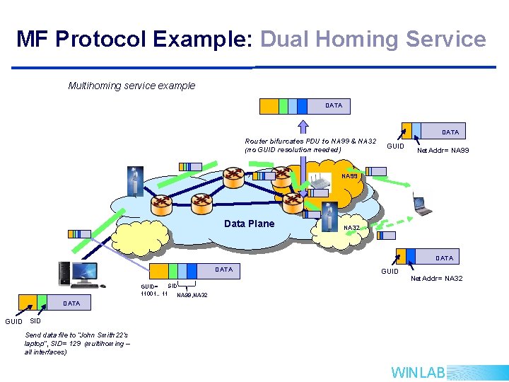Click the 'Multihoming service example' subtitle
click(x=131, y=86)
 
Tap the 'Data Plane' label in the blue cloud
click(x=249, y=224)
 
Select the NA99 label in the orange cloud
click(x=349, y=176)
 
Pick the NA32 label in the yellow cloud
click(x=351, y=228)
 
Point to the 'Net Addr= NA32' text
click(x=437, y=278)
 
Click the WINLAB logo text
click(x=418, y=372)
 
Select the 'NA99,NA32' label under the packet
click(x=192, y=294)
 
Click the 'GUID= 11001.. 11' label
click(x=154, y=289)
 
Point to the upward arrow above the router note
click(x=303, y=125)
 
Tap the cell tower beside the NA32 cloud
click(x=327, y=216)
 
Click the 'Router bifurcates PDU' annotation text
click(x=310, y=145)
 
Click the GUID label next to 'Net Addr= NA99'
click(x=396, y=146)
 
